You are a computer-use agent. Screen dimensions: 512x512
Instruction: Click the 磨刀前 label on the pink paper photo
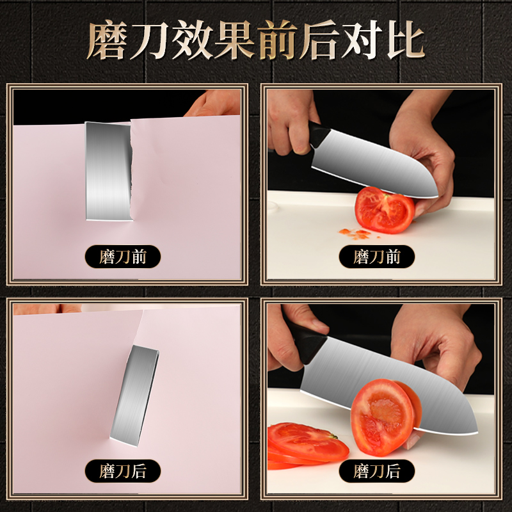[x=123, y=257]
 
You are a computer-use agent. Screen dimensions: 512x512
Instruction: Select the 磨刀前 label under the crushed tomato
[x=377, y=257]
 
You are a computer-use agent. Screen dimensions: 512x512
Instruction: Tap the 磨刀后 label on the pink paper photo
[x=123, y=472]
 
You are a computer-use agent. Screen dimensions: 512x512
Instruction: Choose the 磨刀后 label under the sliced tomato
[x=377, y=472]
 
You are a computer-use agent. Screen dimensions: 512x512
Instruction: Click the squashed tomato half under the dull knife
[x=384, y=210]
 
